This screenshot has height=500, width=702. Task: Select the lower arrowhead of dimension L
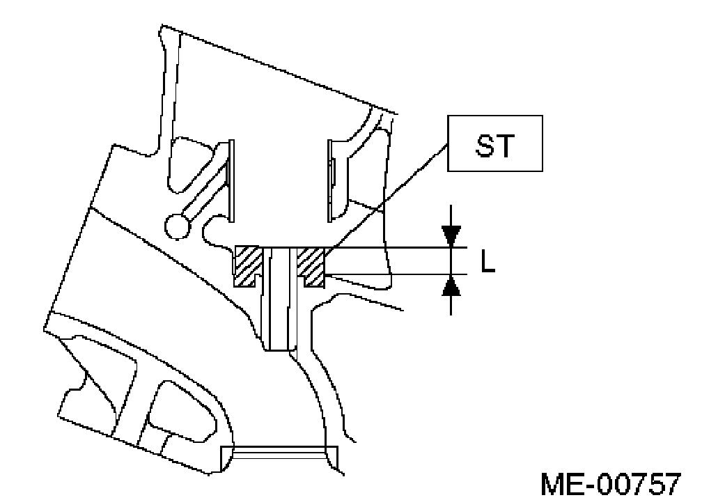coord(451,285)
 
